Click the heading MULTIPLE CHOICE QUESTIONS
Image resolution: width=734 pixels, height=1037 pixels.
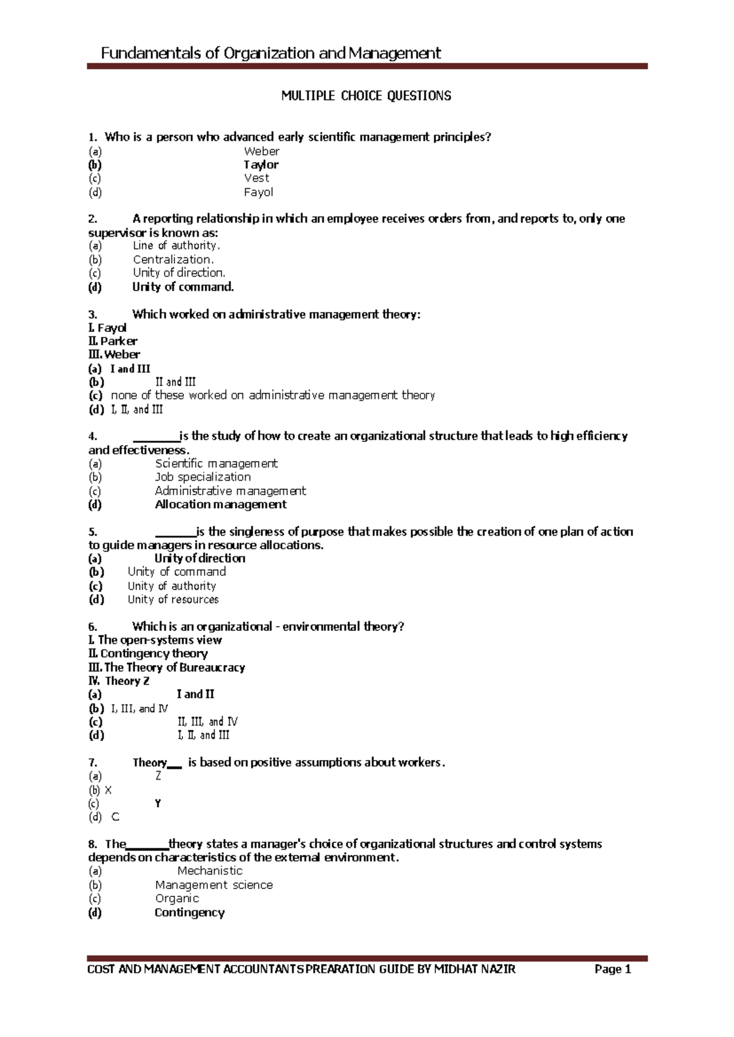[x=366, y=96]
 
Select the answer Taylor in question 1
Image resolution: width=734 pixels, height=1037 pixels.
[x=261, y=164]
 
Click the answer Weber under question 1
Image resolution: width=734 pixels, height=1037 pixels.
[x=262, y=151]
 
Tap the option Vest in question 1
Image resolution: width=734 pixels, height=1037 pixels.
[x=256, y=178]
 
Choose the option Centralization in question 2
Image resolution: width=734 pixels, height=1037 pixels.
[x=173, y=259]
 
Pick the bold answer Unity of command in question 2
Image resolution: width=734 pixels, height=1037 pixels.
[x=183, y=287]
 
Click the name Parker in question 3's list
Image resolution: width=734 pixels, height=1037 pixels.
[x=119, y=341]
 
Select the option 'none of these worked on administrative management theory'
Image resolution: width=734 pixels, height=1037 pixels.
[x=273, y=396]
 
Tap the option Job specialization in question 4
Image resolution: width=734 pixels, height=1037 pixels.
[x=202, y=477]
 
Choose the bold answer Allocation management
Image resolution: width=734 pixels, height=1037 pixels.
[x=220, y=504]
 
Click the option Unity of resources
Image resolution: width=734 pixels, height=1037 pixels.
[x=173, y=600]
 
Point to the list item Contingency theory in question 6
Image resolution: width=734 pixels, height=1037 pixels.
[x=154, y=654]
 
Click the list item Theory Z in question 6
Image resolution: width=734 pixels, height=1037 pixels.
[x=127, y=681]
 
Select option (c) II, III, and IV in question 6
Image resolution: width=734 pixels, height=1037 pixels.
[x=207, y=722]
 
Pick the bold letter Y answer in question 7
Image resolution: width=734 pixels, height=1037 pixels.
[x=158, y=804]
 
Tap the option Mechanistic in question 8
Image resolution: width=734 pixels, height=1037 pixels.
[x=210, y=871]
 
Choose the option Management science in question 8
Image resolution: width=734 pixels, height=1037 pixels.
[x=213, y=885]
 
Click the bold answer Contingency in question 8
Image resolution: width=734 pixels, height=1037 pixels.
[x=190, y=913]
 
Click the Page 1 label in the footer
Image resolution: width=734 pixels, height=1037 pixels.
[x=612, y=970]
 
